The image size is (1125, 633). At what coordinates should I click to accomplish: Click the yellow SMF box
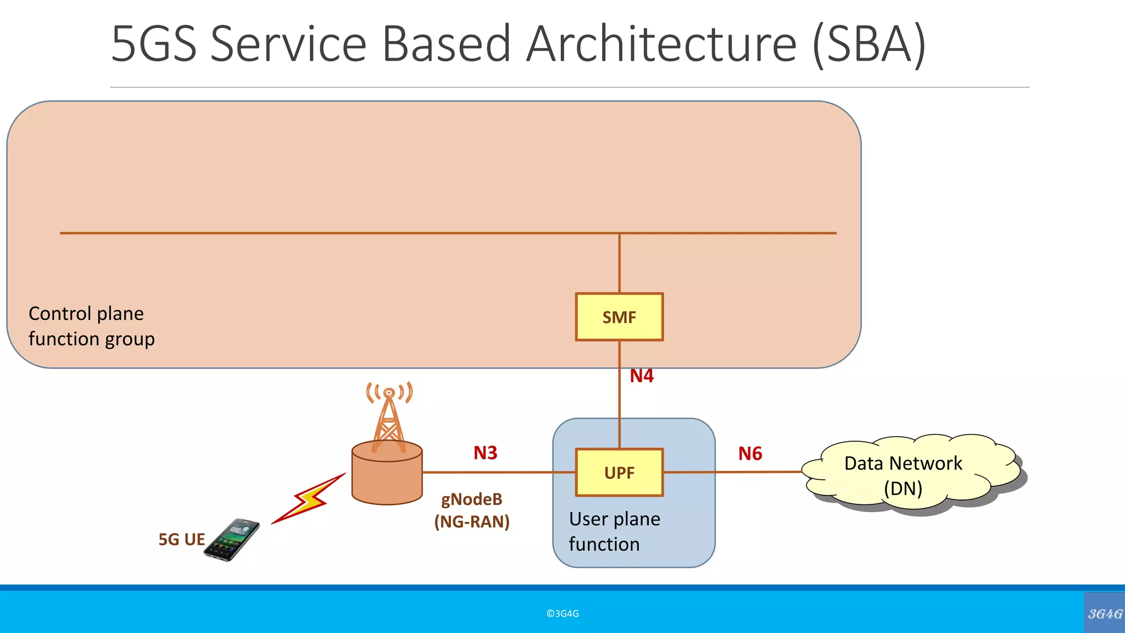[619, 317]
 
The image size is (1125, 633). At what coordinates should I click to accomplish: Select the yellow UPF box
[619, 473]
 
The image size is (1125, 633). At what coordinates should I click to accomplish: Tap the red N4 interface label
[641, 376]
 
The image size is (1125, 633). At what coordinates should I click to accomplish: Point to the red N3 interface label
[485, 453]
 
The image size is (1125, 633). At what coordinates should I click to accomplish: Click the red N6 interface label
[750, 453]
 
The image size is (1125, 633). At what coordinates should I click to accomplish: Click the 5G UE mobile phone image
[232, 540]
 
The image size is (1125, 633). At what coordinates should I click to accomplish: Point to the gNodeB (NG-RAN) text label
[472, 510]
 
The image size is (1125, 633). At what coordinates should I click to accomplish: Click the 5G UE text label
[181, 540]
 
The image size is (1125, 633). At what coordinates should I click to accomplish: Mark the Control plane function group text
[91, 326]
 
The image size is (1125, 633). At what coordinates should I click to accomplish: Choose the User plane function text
[614, 531]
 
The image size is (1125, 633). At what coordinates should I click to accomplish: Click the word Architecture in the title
[661, 44]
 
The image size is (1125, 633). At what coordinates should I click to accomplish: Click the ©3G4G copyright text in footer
[562, 614]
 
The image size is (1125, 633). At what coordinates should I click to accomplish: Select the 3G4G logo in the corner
[1105, 613]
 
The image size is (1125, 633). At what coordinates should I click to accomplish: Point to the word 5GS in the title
[153, 44]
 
